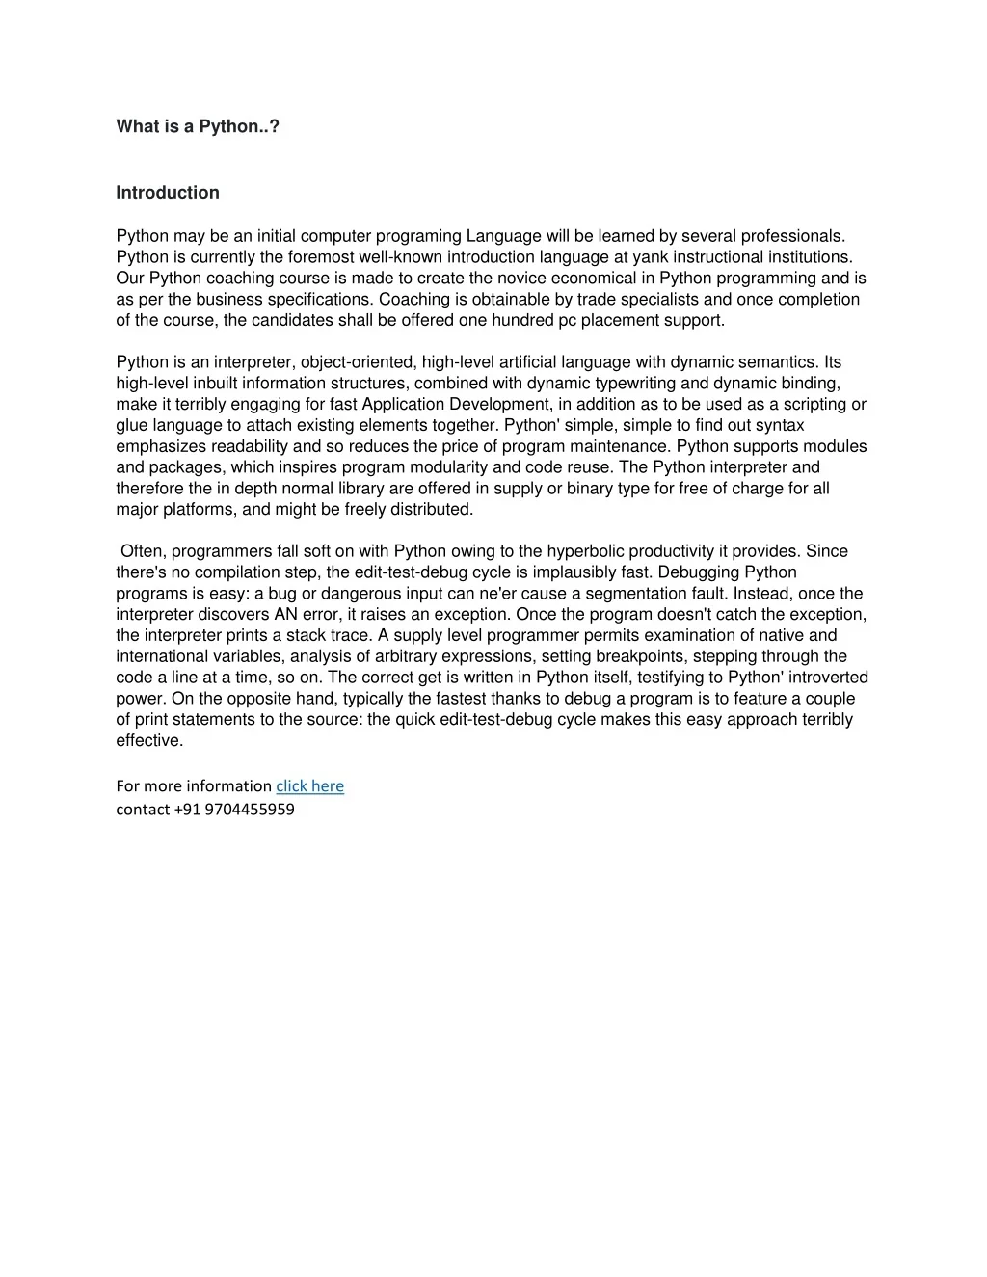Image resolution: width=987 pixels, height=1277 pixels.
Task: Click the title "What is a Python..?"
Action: click(x=198, y=127)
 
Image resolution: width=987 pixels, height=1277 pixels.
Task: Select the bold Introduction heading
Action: click(x=168, y=193)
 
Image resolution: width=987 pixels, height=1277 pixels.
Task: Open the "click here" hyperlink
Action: click(x=309, y=786)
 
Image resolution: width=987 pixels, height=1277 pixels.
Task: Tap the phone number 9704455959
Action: click(x=250, y=810)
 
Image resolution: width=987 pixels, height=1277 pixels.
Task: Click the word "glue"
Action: click(x=133, y=426)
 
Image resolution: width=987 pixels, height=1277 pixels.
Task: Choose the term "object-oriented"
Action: click(x=358, y=362)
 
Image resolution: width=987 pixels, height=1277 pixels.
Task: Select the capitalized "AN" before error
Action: click(x=272, y=615)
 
